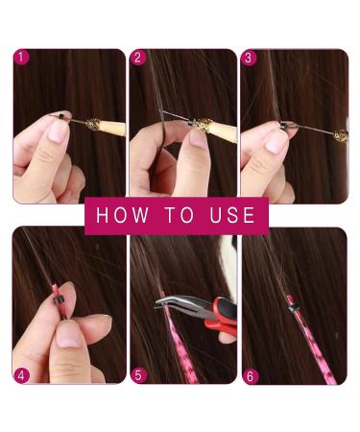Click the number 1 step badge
pyautogui.click(x=22, y=58)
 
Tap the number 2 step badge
pyautogui.click(x=137, y=58)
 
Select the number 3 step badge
pyautogui.click(x=250, y=58)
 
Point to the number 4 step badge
pyautogui.click(x=22, y=374)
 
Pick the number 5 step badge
pyautogui.click(x=137, y=374)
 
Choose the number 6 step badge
pyautogui.click(x=250, y=374)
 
